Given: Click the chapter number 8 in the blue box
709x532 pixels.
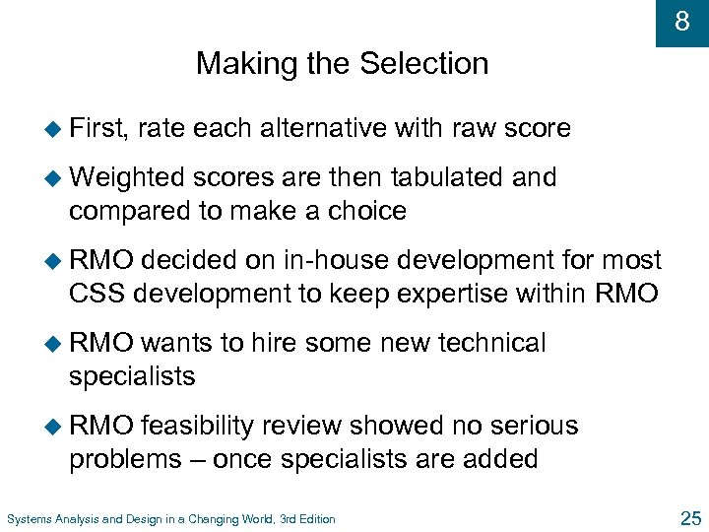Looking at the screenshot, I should coord(681,21).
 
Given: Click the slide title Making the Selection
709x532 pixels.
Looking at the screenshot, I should coord(342,64).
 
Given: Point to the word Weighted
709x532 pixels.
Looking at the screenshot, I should coord(127,177).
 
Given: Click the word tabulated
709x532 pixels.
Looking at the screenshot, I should coord(449,177).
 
